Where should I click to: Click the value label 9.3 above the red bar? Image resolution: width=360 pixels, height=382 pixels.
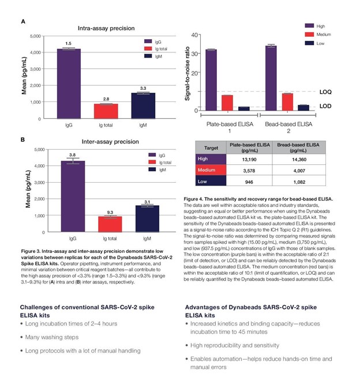point(104,212)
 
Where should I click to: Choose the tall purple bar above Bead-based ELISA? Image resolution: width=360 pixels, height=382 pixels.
point(271,78)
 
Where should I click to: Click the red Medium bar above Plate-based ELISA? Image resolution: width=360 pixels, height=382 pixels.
point(227,102)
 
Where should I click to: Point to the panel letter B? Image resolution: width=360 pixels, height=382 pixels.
point(22,139)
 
